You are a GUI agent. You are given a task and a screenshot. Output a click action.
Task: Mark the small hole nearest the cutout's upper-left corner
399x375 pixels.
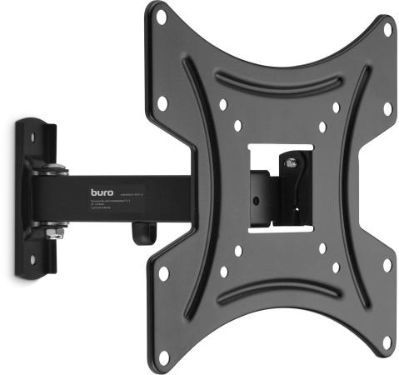237,126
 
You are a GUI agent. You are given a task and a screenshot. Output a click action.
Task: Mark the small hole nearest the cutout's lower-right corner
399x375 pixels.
322,247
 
